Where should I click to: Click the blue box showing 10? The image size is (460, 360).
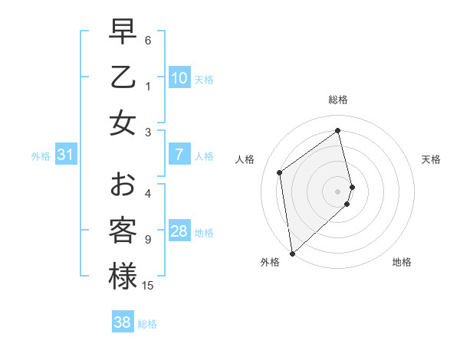point(179,78)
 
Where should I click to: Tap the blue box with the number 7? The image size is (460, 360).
point(179,155)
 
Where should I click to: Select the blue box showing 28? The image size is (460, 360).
point(179,231)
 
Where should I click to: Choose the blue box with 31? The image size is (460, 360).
point(66,155)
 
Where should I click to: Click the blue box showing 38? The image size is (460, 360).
point(123,322)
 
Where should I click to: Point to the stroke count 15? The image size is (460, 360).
point(148,286)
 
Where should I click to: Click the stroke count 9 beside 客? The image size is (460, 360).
point(148,240)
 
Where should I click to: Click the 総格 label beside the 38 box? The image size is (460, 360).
point(147,324)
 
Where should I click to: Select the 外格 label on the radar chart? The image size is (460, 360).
point(270,263)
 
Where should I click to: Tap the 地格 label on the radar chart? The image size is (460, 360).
point(402,263)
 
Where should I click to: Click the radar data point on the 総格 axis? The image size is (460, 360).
point(338,130)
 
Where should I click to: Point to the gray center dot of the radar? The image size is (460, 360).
point(338,190)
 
